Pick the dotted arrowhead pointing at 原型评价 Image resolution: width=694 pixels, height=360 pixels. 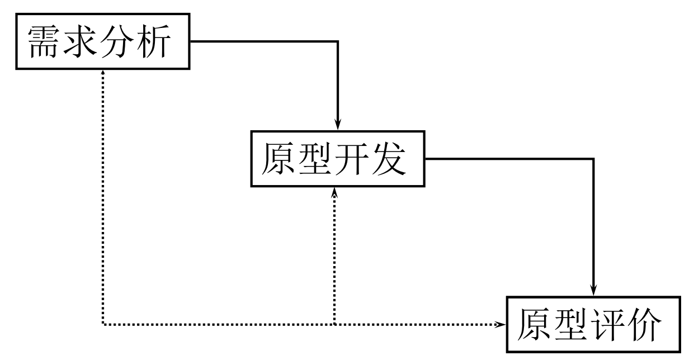499,324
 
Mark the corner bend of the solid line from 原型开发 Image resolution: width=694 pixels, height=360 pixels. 594,159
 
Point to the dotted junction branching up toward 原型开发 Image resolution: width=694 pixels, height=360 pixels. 334,324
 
